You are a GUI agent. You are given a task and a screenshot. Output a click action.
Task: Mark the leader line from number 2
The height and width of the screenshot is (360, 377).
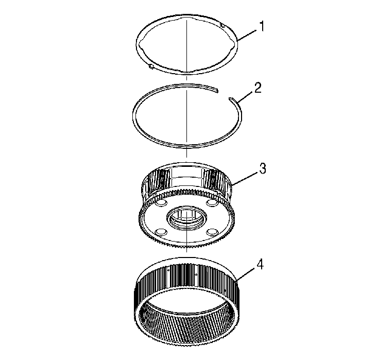tap(244, 95)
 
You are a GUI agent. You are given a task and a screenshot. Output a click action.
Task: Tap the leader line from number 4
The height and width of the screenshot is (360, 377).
tap(245, 275)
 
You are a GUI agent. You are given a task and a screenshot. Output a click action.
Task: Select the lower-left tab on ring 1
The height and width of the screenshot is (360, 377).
tap(150, 66)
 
